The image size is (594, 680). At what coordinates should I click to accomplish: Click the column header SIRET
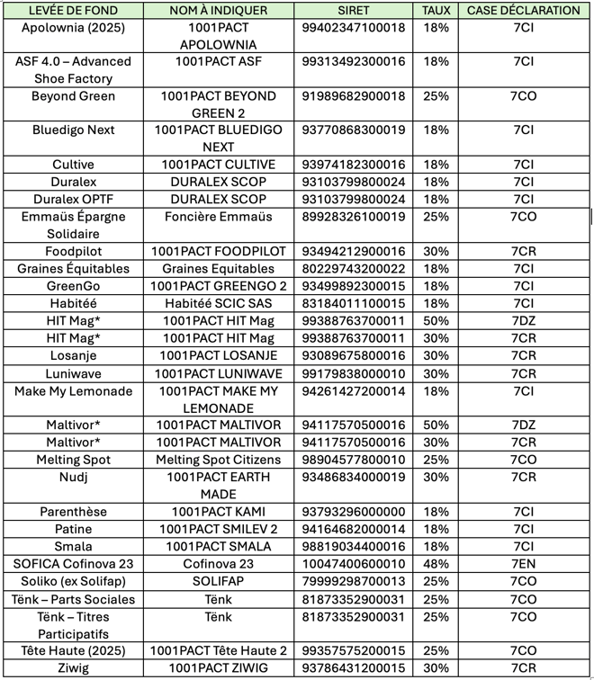pos(354,11)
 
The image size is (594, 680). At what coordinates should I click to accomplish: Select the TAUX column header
pos(436,11)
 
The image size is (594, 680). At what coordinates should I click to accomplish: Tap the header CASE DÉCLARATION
pos(523,11)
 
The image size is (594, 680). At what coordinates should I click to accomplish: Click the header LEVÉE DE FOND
pos(73,11)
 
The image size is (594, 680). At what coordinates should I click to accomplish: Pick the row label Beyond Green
pos(73,96)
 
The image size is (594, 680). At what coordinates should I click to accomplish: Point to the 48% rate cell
pos(436,564)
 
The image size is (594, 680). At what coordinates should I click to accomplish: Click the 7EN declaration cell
pos(523,564)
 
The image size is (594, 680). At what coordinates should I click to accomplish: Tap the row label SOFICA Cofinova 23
pos(73,564)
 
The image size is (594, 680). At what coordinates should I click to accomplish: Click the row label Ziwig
pos(73,668)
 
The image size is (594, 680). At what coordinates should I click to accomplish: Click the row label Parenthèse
pos(73,512)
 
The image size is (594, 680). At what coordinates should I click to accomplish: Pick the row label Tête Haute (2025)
pos(73,650)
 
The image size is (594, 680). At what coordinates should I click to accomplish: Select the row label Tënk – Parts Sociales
pos(73,599)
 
